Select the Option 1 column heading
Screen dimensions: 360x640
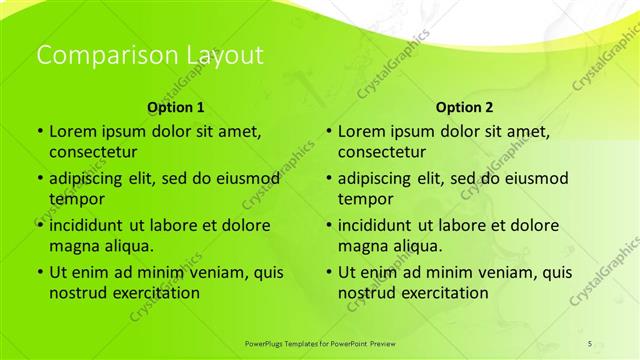(x=176, y=107)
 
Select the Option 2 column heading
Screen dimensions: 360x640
(x=465, y=107)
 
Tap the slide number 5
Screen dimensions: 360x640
(x=590, y=343)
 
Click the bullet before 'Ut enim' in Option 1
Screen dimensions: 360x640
(x=39, y=272)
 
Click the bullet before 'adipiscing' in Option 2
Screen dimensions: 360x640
(x=328, y=178)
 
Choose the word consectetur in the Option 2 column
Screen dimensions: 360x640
(x=382, y=152)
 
